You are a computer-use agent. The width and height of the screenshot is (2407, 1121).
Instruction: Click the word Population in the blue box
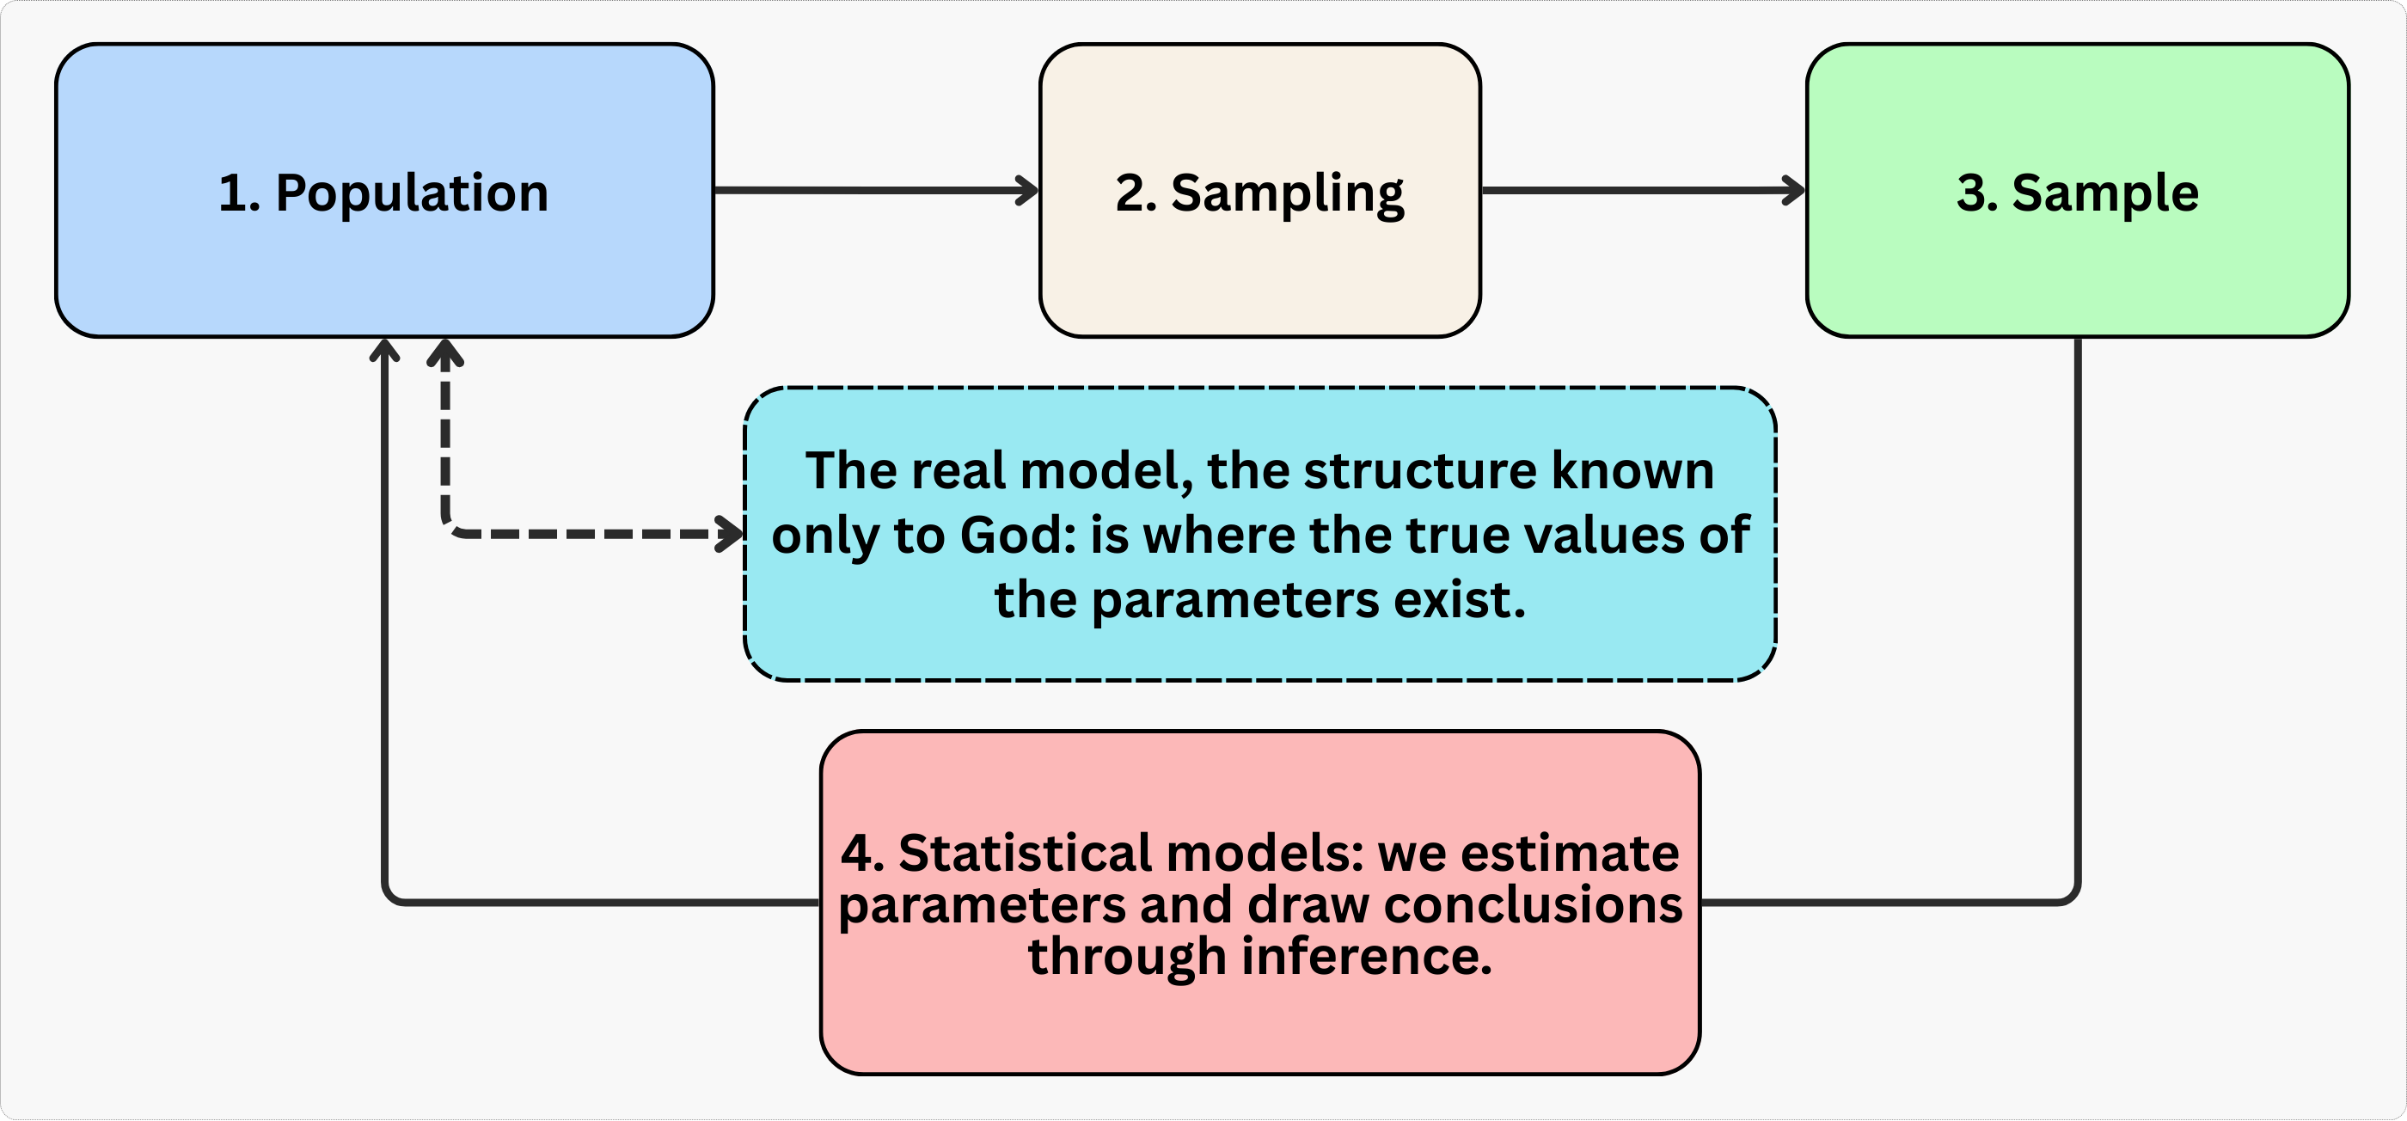tap(412, 194)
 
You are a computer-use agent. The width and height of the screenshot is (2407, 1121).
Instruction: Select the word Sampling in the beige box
tap(1288, 194)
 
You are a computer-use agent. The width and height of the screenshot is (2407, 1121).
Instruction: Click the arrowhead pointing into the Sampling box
tap(1028, 191)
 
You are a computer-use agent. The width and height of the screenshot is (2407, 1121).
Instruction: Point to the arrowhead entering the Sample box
tap(1794, 191)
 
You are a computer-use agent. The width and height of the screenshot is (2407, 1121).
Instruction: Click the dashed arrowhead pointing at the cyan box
tap(731, 535)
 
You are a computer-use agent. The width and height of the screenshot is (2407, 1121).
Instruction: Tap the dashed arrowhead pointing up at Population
tap(445, 352)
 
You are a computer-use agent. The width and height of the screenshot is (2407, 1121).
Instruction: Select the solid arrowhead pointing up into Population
tap(385, 349)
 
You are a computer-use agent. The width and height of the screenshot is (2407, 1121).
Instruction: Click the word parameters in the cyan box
tap(1235, 601)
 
